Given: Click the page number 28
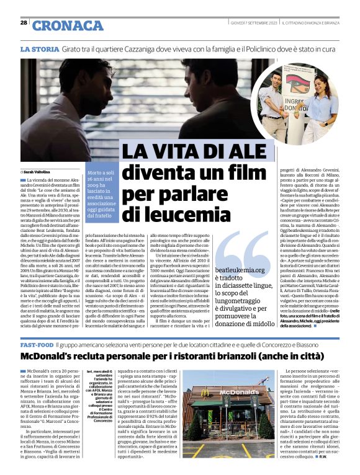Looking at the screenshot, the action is pyautogui.click(x=23, y=23).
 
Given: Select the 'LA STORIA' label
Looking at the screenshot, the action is pyautogui.click(x=40, y=48).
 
